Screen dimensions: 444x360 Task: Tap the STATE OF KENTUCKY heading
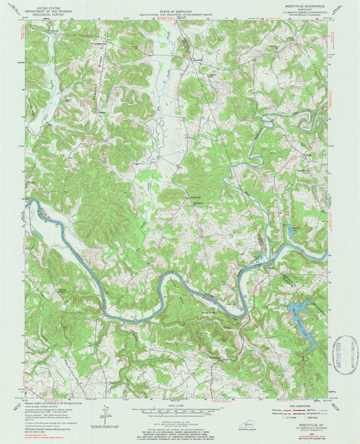tap(179, 4)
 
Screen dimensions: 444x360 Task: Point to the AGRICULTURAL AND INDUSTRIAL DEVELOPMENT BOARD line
tap(179, 9)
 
